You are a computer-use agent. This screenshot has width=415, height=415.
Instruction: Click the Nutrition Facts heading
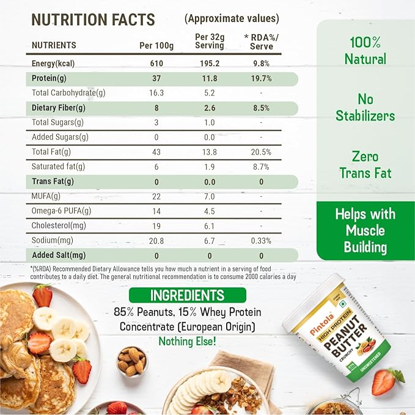(x=94, y=19)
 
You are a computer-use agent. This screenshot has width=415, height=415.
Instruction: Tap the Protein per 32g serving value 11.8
(x=210, y=79)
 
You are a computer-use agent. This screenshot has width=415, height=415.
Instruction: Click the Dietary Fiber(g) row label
(x=59, y=108)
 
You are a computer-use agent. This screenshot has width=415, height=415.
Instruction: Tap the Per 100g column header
(x=156, y=45)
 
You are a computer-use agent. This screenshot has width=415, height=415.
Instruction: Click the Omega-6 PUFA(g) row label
(x=61, y=211)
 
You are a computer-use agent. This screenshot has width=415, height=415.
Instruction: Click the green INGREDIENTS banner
(x=188, y=295)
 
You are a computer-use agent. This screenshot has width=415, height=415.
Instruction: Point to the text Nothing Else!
(x=187, y=341)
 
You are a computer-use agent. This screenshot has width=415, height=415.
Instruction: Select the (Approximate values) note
(x=232, y=18)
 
